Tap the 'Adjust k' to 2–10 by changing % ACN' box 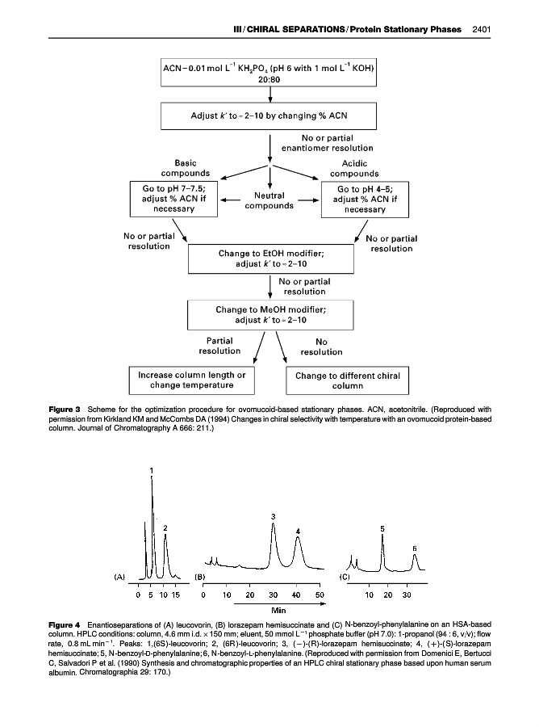point(268,116)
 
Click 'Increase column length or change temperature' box point(191,380)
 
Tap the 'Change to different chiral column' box point(347,380)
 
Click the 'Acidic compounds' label point(355,168)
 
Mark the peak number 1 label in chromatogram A point(152,470)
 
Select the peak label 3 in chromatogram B point(274,516)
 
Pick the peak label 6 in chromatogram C point(415,548)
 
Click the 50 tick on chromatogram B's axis point(320,595)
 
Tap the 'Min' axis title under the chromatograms point(280,609)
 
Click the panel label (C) point(344,578)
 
